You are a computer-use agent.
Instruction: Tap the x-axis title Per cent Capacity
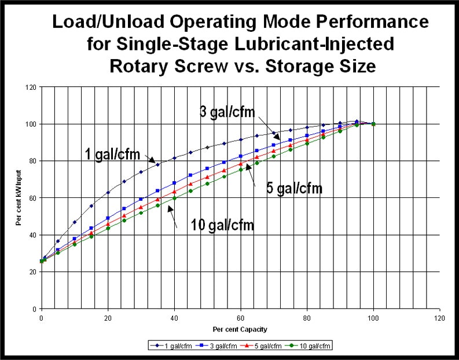pyautogui.click(x=241, y=329)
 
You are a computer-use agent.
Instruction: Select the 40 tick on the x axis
pyautogui.click(x=174, y=318)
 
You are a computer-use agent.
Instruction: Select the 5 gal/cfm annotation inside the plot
pyautogui.click(x=294, y=188)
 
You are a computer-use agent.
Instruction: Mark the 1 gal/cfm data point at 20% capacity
pyautogui.click(x=108, y=192)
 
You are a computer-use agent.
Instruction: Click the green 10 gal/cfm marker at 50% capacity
pyautogui.click(x=207, y=183)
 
